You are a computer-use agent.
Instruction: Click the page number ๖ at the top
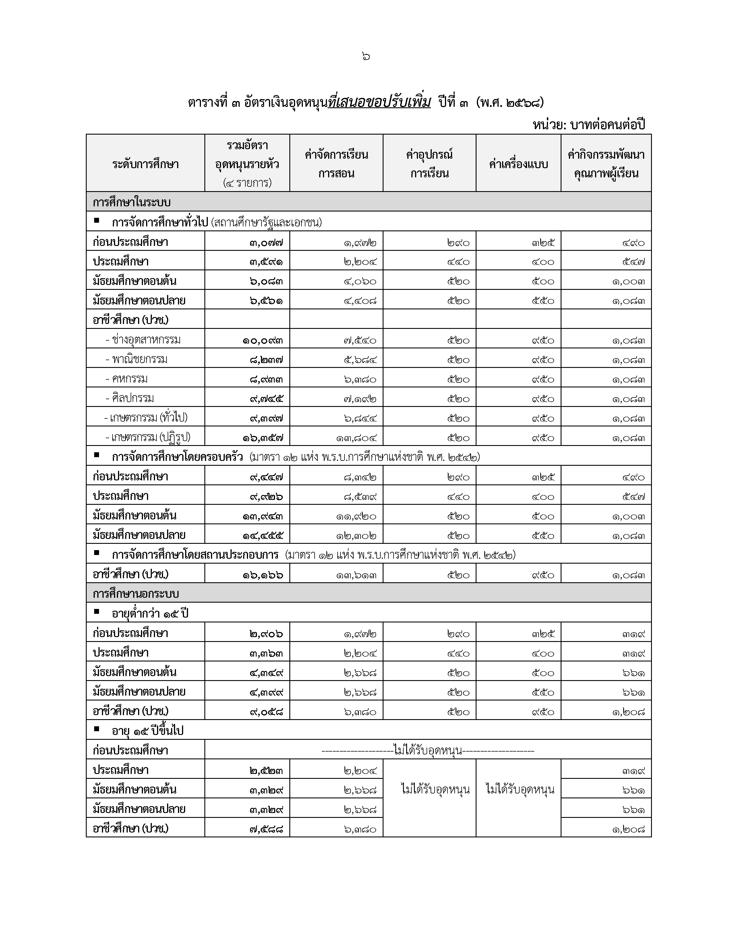[365, 56]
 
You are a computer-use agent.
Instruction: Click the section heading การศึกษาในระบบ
[131, 202]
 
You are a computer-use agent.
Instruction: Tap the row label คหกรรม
[130, 379]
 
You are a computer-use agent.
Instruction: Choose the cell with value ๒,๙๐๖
[266, 634]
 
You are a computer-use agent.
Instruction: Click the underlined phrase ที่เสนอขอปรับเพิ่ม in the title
[379, 103]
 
